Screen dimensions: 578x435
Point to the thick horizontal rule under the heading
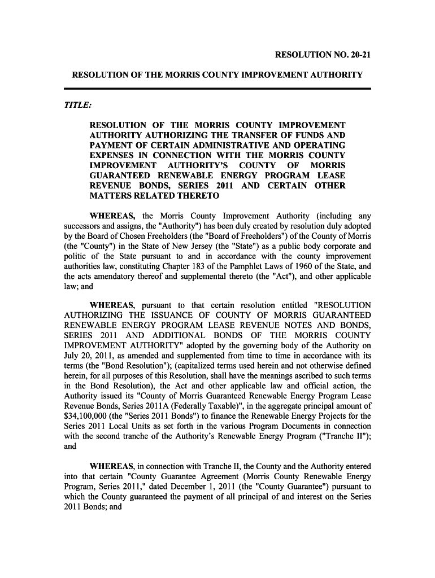(x=217, y=89)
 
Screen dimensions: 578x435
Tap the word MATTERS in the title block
(x=111, y=197)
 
